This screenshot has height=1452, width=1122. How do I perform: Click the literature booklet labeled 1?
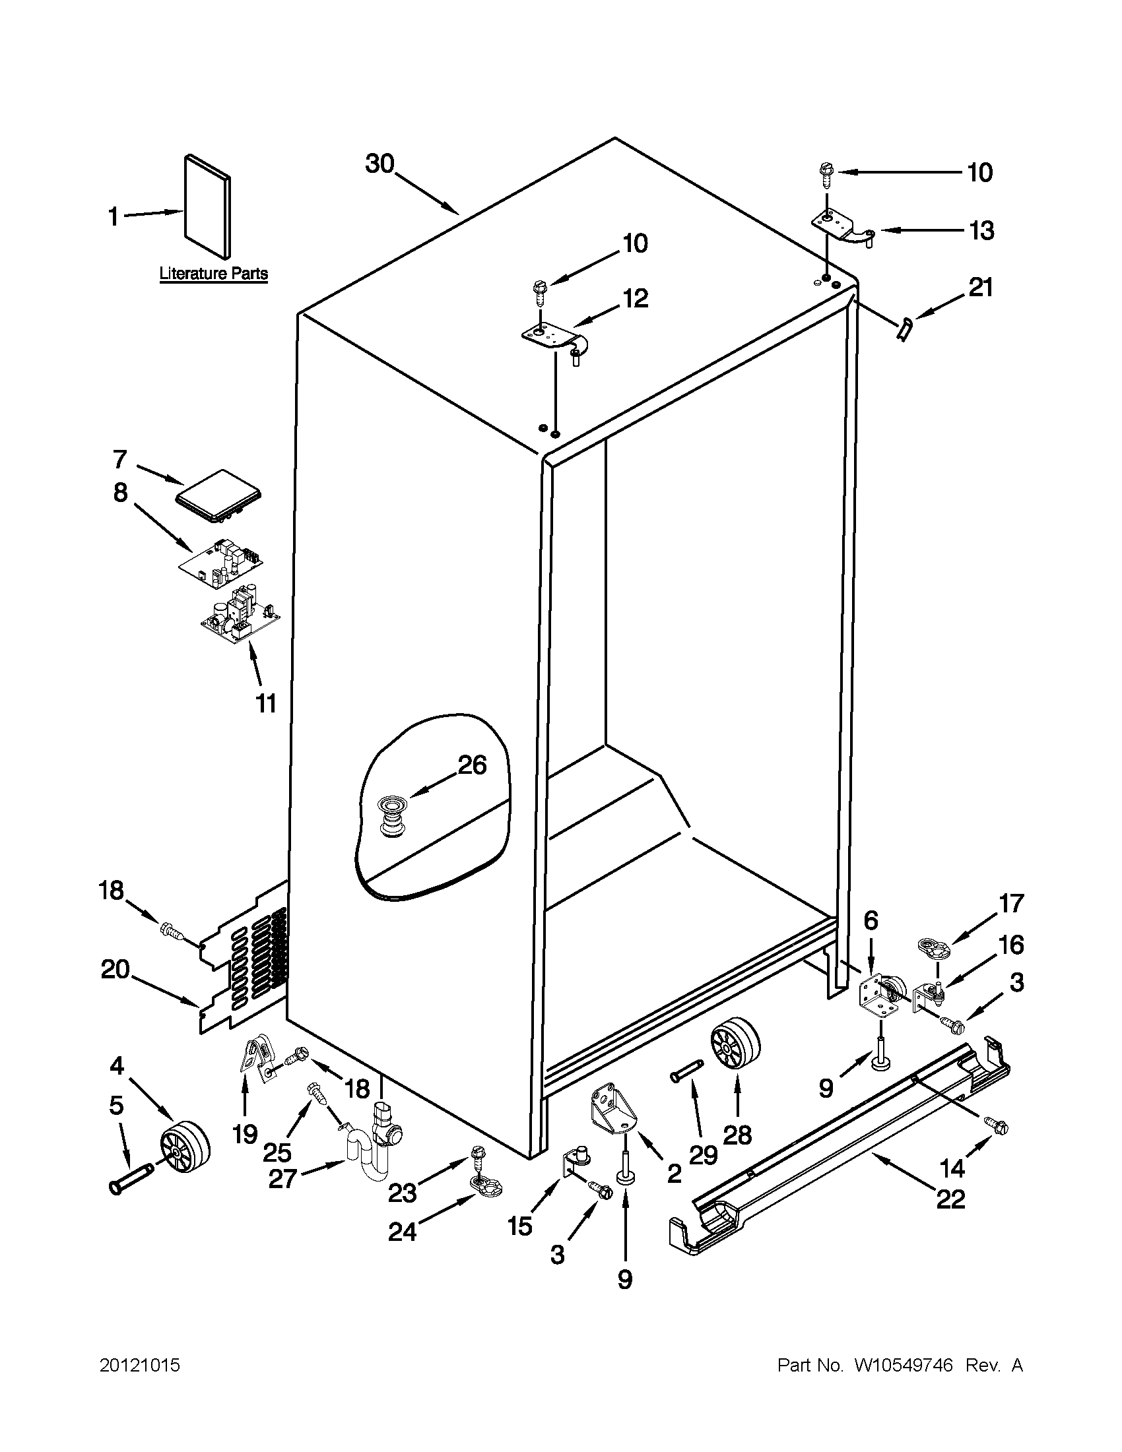(207, 207)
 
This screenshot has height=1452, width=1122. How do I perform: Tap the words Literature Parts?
(213, 273)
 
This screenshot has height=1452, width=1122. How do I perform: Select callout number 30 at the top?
(379, 164)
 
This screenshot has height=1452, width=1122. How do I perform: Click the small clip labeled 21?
(904, 330)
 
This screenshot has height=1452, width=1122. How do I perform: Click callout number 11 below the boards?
(266, 703)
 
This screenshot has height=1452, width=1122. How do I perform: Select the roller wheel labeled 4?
(184, 1148)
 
